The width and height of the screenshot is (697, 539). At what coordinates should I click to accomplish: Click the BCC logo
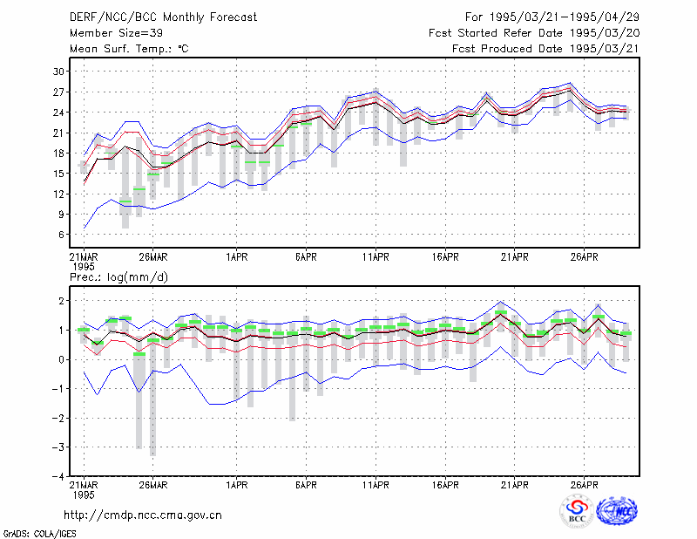(577, 511)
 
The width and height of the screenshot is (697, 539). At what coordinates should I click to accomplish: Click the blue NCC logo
(617, 511)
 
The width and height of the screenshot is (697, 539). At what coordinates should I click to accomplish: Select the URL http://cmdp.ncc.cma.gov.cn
(143, 515)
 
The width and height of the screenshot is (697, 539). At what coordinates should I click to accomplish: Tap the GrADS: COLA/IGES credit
(39, 534)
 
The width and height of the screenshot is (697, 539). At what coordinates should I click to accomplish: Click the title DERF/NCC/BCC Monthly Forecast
(163, 17)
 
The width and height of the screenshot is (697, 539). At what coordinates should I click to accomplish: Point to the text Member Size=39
(116, 33)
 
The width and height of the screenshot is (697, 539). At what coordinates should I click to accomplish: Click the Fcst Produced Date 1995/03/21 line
(545, 49)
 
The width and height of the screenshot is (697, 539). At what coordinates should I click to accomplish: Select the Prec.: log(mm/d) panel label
(118, 277)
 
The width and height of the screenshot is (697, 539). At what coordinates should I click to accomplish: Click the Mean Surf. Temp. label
(129, 49)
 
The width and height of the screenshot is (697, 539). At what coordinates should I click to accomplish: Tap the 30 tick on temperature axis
(58, 72)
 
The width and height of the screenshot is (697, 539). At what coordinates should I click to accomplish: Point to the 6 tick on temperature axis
(61, 235)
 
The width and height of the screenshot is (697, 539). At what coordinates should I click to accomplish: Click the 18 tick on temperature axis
(58, 154)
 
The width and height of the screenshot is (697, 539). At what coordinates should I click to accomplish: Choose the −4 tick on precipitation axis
(58, 476)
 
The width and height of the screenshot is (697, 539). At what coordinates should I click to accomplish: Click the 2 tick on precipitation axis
(61, 301)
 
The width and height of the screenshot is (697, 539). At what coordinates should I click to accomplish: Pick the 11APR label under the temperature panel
(376, 257)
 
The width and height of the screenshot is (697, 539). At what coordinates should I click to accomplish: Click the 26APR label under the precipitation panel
(584, 485)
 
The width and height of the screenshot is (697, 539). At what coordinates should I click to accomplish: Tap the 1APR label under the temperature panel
(236, 257)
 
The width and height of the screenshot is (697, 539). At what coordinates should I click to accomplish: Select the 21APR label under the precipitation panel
(514, 485)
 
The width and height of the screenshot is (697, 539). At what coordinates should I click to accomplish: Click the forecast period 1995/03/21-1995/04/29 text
(552, 17)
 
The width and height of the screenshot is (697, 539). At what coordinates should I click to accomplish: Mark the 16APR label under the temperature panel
(445, 257)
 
